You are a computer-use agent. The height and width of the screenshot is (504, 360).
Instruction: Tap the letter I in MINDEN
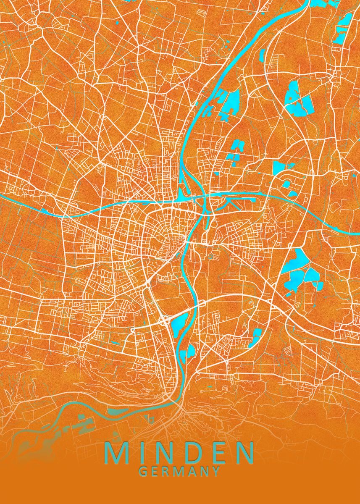[142, 453]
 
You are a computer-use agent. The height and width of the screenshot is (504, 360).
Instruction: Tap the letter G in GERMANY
[143, 471]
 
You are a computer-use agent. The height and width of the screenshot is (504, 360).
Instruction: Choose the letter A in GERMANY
[193, 471]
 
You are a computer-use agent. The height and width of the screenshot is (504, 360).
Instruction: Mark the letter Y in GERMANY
[215, 471]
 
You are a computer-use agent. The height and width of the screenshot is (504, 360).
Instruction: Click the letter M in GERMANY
[180, 471]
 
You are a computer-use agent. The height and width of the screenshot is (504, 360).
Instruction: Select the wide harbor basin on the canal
[183, 195]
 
